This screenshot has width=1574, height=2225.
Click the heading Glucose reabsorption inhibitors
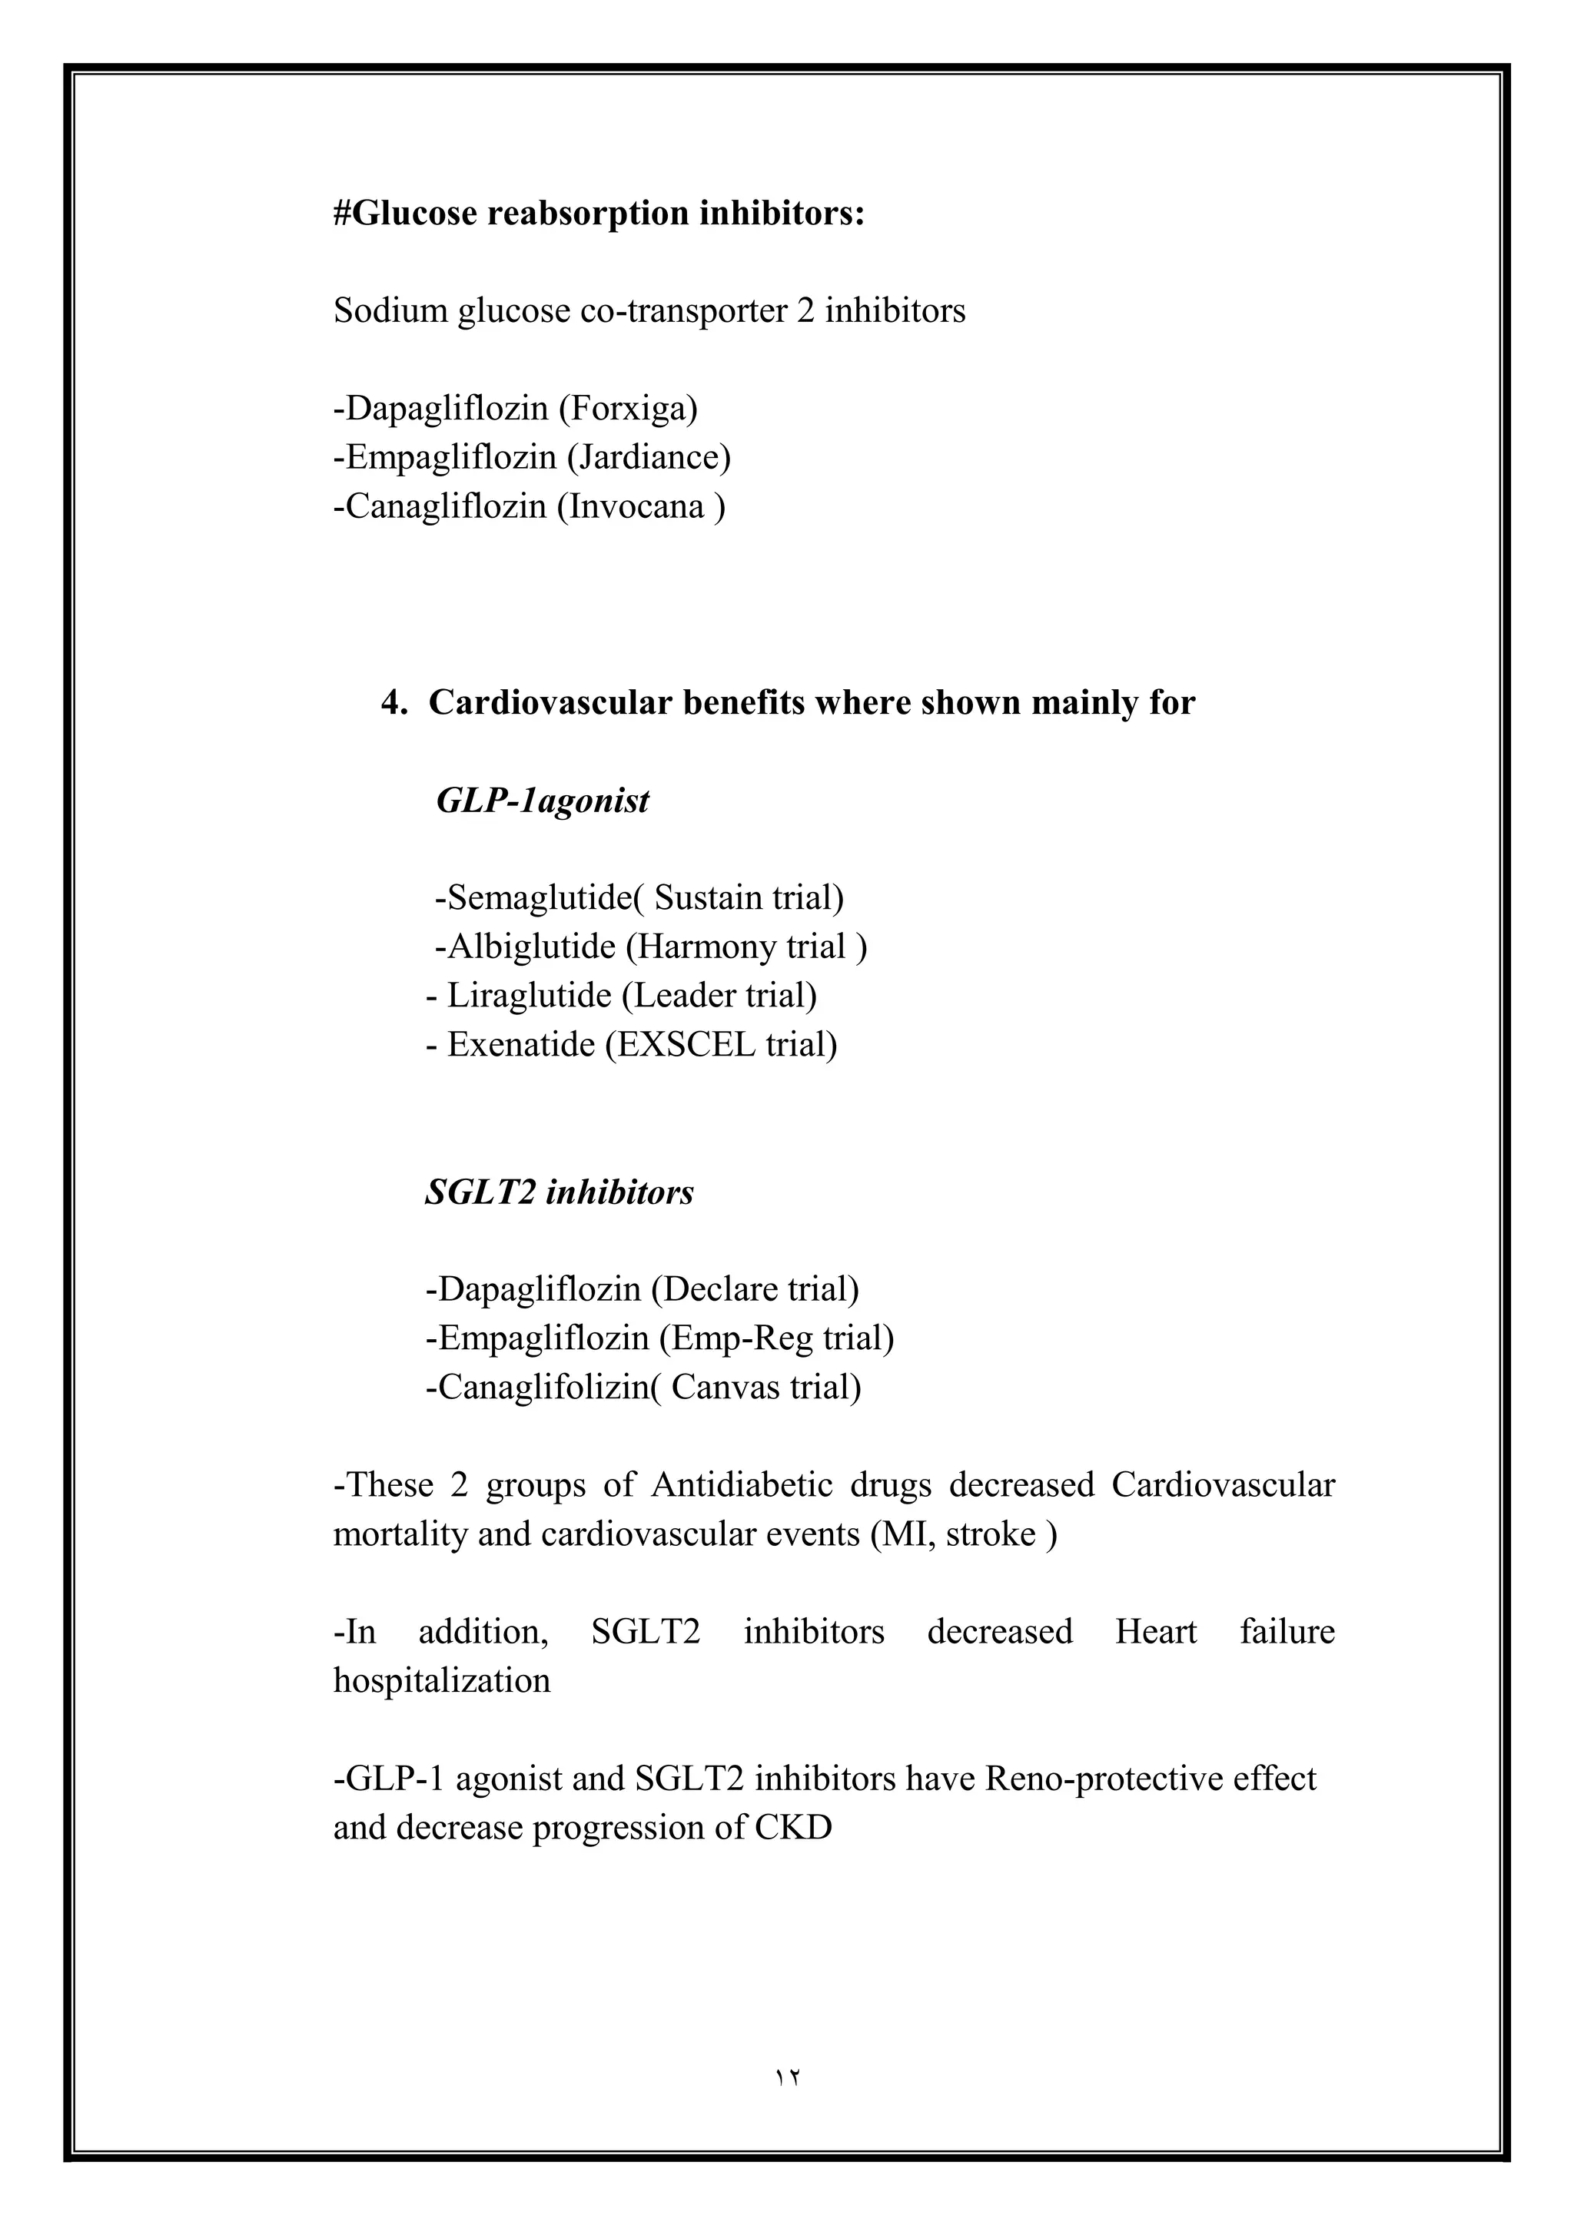(598, 213)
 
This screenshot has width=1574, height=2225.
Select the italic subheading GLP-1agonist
(542, 801)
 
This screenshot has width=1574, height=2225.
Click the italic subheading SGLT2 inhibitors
(560, 1192)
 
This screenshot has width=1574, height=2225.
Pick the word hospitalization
(442, 1680)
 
